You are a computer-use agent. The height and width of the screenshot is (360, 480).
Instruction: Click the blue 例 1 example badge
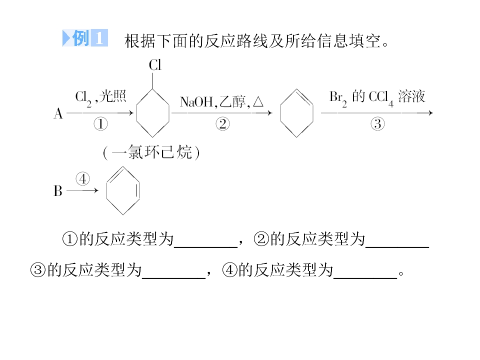[x=85, y=38]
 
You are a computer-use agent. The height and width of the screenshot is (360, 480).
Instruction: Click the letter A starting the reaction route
[x=58, y=113]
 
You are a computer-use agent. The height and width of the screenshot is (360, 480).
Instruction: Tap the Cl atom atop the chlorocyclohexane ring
[x=155, y=65]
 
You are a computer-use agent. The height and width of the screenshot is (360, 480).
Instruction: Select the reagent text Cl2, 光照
[x=100, y=97]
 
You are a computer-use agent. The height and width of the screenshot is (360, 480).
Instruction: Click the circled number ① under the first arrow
[x=100, y=124]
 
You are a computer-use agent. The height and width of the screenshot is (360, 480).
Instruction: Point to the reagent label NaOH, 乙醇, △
[x=221, y=101]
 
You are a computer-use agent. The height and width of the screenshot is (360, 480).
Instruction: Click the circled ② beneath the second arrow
[x=222, y=124]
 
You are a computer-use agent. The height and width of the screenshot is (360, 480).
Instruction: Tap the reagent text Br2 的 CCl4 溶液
[x=377, y=97]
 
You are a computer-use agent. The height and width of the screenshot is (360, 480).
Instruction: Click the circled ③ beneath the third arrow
[x=377, y=124]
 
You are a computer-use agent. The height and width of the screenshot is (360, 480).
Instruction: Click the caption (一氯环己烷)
[x=151, y=152]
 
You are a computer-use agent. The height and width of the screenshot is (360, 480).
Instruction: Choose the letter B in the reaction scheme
[x=58, y=190]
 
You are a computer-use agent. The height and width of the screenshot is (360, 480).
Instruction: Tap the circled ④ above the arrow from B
[x=82, y=179]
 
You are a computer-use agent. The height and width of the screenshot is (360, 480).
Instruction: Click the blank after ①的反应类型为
[x=205, y=246]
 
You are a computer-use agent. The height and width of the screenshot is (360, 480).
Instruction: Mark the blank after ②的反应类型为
[x=397, y=246]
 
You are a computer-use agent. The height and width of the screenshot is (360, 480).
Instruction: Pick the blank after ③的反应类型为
[x=173, y=278]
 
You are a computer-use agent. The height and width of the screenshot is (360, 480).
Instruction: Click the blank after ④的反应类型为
[x=365, y=278]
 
